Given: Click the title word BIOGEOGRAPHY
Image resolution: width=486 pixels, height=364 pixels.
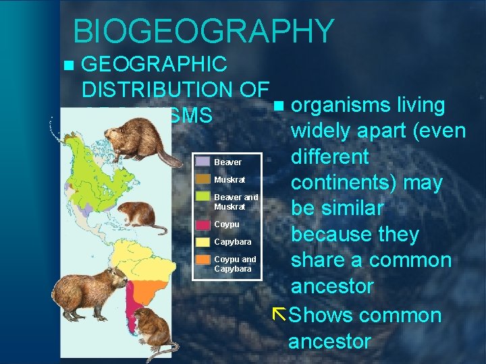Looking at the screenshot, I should click(203, 31).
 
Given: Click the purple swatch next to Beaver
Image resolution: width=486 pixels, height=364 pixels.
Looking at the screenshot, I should click(202, 162).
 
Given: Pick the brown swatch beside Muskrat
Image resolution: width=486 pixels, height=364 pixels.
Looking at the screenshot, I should click(202, 179).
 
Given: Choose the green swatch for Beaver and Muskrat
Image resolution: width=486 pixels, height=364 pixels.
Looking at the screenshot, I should click(202, 197).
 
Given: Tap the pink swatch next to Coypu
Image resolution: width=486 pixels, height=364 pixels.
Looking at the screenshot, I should click(202, 224).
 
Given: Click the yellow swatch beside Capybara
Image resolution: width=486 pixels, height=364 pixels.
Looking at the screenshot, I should click(202, 241).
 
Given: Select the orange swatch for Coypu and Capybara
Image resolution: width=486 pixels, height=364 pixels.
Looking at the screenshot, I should click(202, 260).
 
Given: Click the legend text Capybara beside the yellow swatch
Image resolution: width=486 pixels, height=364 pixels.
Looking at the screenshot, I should click(232, 242).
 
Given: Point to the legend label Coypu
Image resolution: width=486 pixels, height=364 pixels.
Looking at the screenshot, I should click(226, 224).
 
